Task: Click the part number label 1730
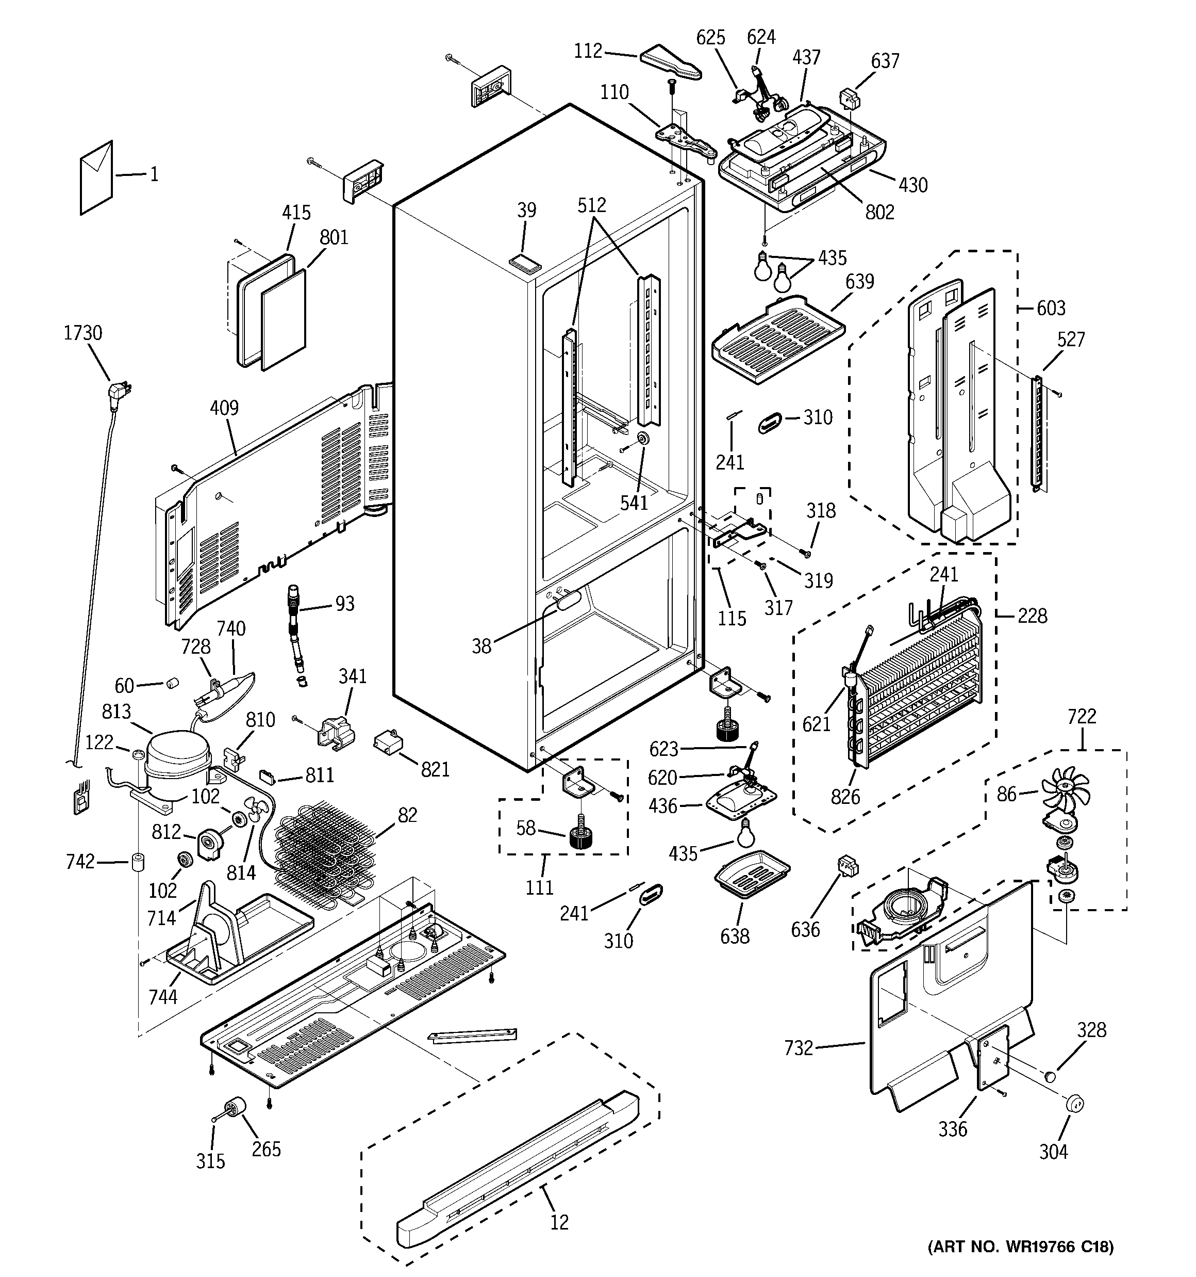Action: pos(83,333)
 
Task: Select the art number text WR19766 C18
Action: pos(1021,1247)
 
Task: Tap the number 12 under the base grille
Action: pos(559,1222)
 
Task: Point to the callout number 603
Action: pos(1051,309)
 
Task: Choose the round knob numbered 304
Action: pos(1073,1103)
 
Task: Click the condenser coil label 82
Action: pos(407,815)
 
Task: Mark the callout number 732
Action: pos(799,1048)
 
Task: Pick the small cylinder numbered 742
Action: pos(137,862)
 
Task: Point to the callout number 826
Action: pos(845,797)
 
